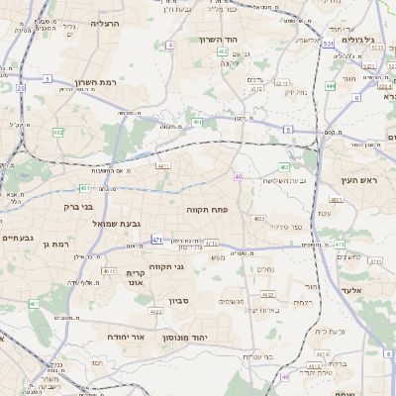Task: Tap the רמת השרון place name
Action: click(97, 82)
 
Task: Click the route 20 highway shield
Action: click(21, 88)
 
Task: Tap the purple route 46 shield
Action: click(285, 376)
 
